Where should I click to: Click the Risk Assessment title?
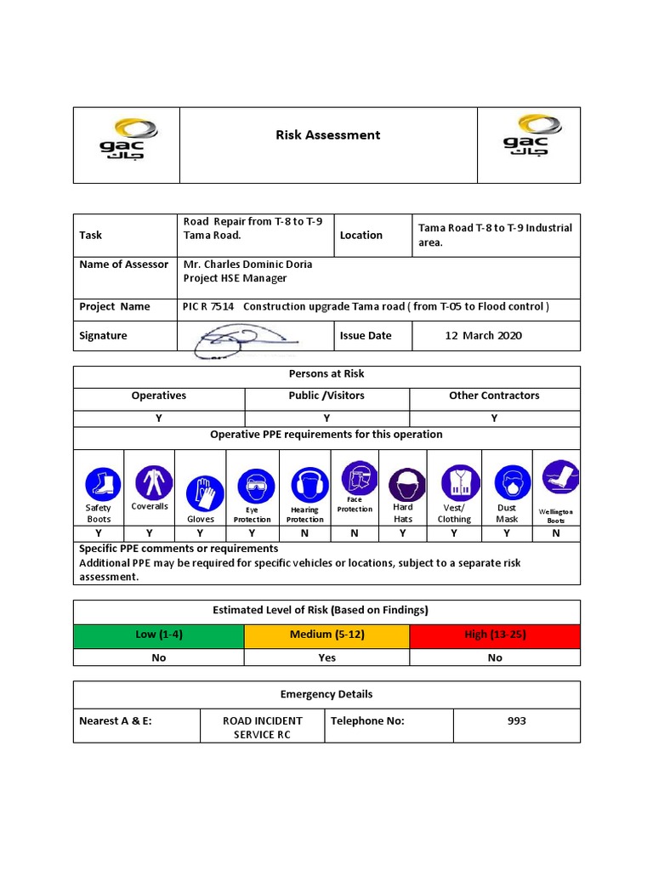[327, 134]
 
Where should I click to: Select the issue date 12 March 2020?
[483, 335]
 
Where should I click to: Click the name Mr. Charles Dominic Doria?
[247, 264]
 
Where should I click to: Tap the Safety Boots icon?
[99, 484]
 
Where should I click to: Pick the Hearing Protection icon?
[305, 485]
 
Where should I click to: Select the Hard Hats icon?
[403, 484]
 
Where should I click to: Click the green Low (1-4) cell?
[158, 635]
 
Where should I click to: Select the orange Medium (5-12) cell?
[326, 635]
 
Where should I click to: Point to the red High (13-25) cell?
[495, 635]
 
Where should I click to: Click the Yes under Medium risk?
[326, 658]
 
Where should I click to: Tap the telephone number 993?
[516, 720]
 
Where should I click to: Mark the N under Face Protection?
[354, 533]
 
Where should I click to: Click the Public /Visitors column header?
[326, 396]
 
